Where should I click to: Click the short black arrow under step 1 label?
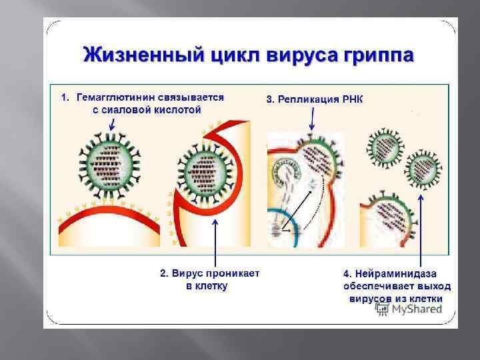pyautogui.click(x=111, y=123)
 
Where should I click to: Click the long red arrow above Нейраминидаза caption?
pyautogui.click(x=421, y=227)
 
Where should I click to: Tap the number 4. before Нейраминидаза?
pyautogui.click(x=347, y=273)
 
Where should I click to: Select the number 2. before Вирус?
pyautogui.click(x=164, y=273)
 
